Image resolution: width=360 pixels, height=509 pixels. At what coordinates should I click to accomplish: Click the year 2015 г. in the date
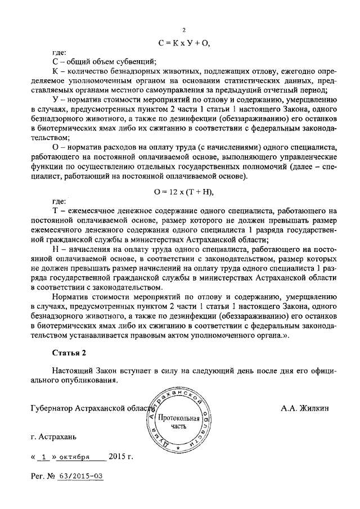pyautogui.click(x=121, y=456)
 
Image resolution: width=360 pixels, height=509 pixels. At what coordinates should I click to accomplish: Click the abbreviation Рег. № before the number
pyautogui.click(x=43, y=476)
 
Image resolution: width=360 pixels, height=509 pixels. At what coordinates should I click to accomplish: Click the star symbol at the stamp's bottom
pyautogui.click(x=178, y=448)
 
